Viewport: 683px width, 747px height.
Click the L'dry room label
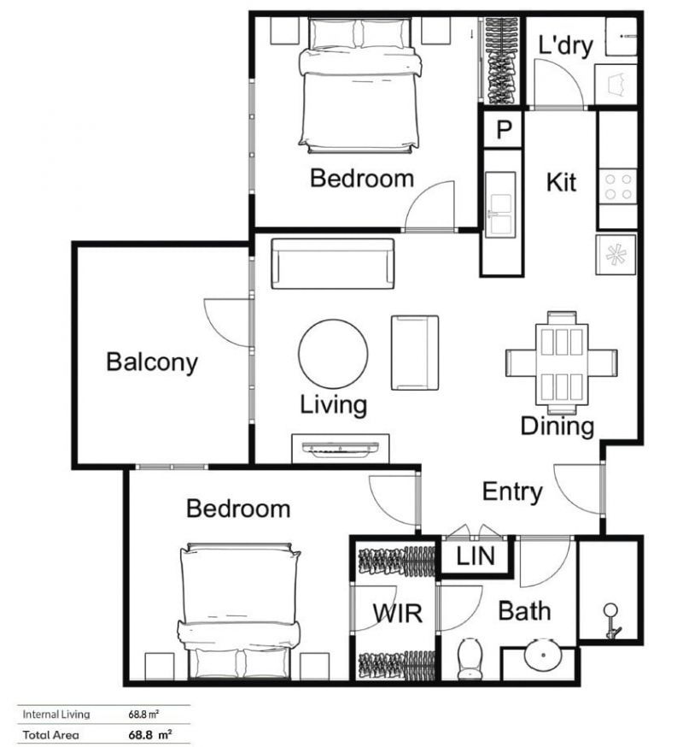pos(564,45)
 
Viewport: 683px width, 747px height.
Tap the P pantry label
pos(504,130)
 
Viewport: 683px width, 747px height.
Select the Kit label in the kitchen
pos(561,182)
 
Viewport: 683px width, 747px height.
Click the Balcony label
pos(152,362)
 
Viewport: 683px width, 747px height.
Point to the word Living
pos(333,404)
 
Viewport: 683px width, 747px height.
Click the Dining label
pos(557,426)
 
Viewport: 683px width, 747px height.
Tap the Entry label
pos(512,491)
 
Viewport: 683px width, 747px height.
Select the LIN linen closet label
pos(475,557)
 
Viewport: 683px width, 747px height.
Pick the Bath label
pos(524,611)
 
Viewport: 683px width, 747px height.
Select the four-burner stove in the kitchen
pos(618,186)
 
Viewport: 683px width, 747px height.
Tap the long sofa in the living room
pos(332,263)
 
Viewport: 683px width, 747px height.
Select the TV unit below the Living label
pos(341,448)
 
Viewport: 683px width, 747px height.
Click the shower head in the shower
pos(611,620)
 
